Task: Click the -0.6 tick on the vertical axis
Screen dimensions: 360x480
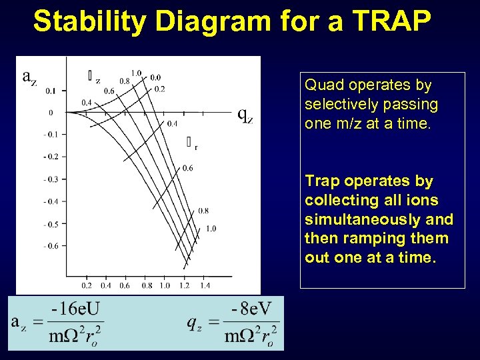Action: (x=51, y=246)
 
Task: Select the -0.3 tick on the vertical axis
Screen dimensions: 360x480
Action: (x=51, y=179)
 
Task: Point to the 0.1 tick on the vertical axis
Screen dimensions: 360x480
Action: (x=51, y=90)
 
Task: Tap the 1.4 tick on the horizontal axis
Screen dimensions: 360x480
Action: (x=205, y=285)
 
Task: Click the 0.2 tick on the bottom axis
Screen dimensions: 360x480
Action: (x=87, y=285)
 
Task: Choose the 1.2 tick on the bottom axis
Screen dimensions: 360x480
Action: (x=185, y=285)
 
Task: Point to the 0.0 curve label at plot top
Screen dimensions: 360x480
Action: (x=155, y=77)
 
